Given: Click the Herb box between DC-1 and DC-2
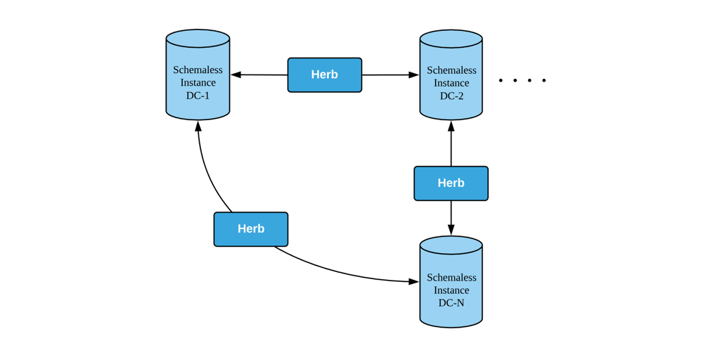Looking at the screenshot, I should click(x=324, y=75).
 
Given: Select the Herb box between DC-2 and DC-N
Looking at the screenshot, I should click(x=451, y=183).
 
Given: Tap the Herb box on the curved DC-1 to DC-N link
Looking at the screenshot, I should click(x=251, y=229).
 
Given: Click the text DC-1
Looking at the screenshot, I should click(x=198, y=96).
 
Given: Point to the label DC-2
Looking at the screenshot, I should click(x=451, y=96).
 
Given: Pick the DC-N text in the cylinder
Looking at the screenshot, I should click(x=451, y=303).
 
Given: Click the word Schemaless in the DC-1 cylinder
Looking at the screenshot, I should click(x=198, y=70).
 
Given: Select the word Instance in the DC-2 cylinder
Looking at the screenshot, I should click(x=451, y=83).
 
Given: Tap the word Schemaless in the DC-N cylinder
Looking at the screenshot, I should click(x=451, y=277).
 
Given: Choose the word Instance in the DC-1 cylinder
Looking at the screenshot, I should click(x=198, y=83).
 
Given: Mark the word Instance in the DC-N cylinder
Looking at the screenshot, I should click(x=451, y=290).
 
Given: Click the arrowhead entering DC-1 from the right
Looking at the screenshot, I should click(x=236, y=75).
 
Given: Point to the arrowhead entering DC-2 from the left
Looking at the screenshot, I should click(x=414, y=75).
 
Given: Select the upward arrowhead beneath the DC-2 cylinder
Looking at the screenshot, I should click(x=451, y=127).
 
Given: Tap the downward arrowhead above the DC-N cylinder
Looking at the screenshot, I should click(x=451, y=229).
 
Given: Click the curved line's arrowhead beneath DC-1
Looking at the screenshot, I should click(x=198, y=127).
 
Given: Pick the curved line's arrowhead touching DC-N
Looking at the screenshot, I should click(x=414, y=281).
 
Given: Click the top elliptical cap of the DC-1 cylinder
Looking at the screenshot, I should click(x=198, y=38).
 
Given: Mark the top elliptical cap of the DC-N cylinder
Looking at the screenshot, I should click(x=451, y=245).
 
